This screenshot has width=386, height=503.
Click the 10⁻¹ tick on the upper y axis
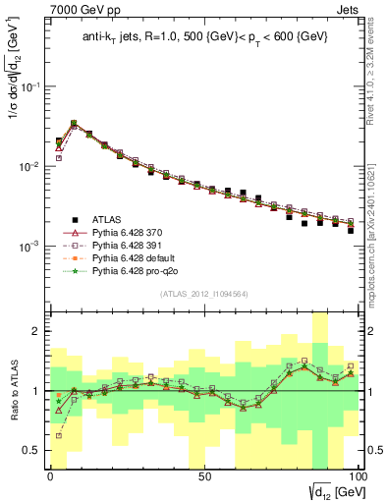[x=31, y=86]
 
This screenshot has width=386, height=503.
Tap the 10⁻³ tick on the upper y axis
[x=31, y=246]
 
